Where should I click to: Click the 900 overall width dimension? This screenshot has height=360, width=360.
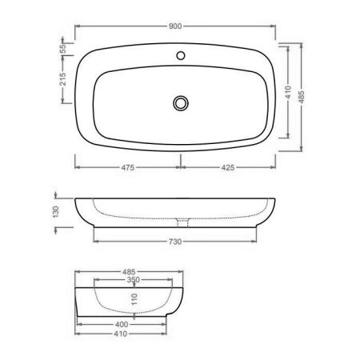[175, 26]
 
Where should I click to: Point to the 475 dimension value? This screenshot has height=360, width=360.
[127, 169]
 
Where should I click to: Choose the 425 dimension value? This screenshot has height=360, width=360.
[229, 169]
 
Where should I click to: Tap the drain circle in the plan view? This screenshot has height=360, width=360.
[181, 102]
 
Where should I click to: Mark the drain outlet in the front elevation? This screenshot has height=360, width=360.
[181, 220]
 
